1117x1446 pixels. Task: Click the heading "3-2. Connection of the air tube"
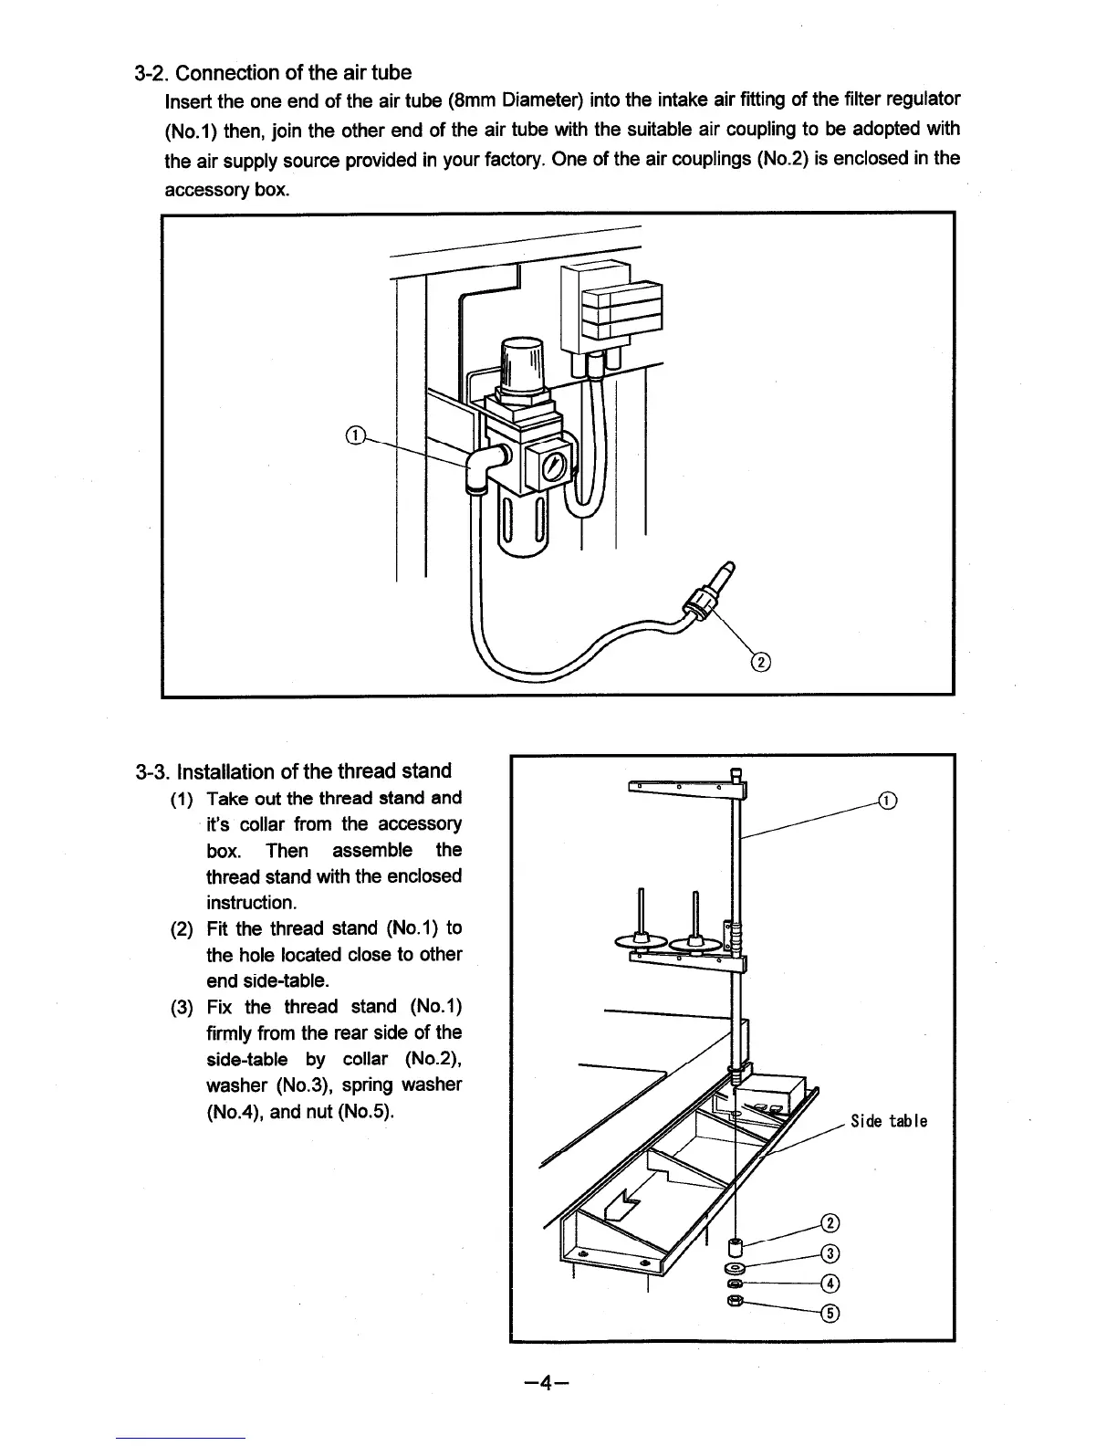(x=272, y=72)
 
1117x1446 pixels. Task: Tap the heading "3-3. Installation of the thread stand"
(x=292, y=770)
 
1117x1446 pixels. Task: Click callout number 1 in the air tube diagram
(x=356, y=435)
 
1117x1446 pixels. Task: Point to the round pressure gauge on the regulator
(x=555, y=468)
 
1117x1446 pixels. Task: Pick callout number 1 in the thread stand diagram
(x=886, y=802)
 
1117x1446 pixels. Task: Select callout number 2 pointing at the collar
(x=830, y=1223)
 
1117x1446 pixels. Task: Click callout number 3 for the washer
(x=830, y=1253)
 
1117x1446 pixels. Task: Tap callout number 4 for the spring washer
(x=830, y=1284)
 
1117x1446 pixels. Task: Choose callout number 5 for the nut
(x=830, y=1314)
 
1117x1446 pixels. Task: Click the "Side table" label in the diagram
(x=888, y=1121)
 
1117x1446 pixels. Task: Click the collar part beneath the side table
(x=736, y=1248)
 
